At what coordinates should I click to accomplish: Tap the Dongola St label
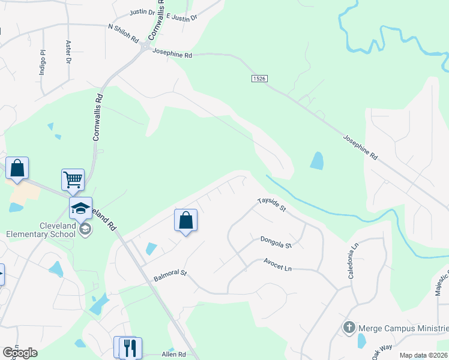[276, 242]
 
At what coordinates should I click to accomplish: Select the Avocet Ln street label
[278, 263]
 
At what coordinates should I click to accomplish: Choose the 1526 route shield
[259, 79]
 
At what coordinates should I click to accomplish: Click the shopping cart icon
[73, 179]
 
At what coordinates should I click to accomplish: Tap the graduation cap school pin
[80, 208]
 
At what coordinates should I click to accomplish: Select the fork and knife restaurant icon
[130, 346]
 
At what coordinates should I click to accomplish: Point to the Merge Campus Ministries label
[403, 328]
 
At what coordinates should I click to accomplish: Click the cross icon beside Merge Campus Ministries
[349, 328]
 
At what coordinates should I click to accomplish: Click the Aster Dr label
[68, 52]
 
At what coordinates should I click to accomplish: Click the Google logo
[20, 353]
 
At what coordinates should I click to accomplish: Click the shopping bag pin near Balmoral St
[186, 220]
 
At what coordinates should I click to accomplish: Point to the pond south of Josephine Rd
[316, 160]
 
